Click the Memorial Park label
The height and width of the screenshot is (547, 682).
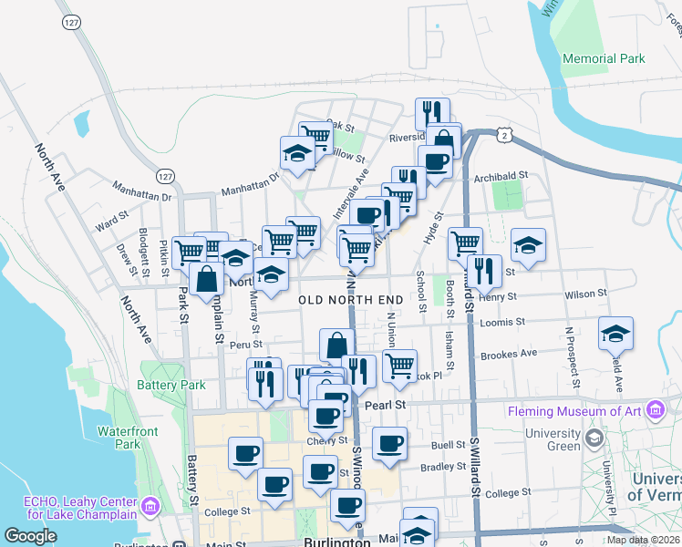click(x=604, y=59)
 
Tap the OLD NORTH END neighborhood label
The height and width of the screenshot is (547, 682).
click(x=351, y=300)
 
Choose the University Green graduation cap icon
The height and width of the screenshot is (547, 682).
click(x=594, y=439)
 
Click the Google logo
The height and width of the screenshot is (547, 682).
click(x=30, y=536)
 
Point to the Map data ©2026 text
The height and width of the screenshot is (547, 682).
click(x=644, y=540)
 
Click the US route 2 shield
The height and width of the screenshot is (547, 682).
click(x=503, y=134)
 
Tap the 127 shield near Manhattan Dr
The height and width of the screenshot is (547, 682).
click(x=164, y=175)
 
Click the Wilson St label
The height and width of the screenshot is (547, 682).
click(x=585, y=294)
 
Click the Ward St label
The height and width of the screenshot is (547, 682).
click(x=111, y=220)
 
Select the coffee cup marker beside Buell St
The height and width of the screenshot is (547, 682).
click(x=390, y=444)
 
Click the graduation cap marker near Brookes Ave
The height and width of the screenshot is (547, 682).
click(x=616, y=334)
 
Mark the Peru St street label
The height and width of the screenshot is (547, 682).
click(x=245, y=345)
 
